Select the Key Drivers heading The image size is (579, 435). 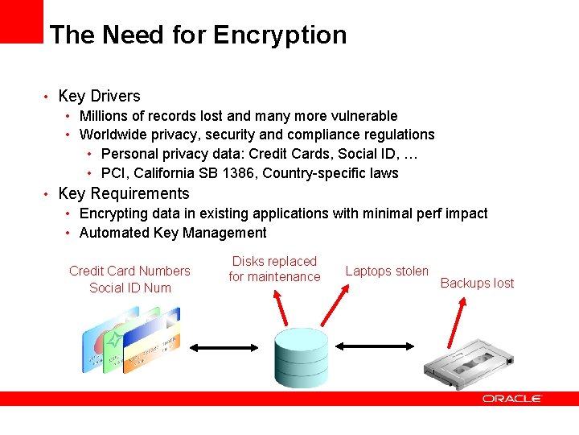(x=99, y=96)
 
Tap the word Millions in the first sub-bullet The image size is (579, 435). (x=109, y=116)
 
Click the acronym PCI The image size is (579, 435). (x=113, y=173)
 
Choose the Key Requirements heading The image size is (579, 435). (x=124, y=193)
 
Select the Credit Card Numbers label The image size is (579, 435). (x=129, y=271)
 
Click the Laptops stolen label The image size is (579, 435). (x=387, y=271)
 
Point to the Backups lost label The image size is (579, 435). (x=477, y=283)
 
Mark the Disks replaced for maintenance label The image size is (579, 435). (x=274, y=269)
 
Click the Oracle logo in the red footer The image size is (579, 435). (x=512, y=399)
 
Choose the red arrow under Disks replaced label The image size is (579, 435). (x=282, y=309)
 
